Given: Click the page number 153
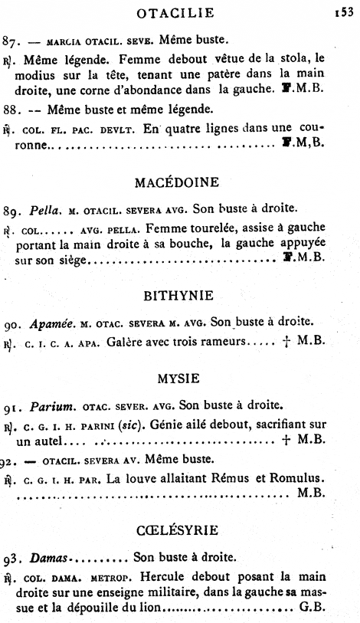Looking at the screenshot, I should click(342, 11).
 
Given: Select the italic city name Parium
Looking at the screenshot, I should click(48, 404).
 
